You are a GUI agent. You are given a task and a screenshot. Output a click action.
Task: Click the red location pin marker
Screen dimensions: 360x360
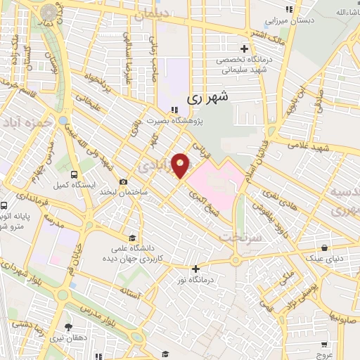coord(181,165)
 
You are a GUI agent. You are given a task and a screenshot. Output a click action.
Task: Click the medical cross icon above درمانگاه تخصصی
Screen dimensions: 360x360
coord(244,49)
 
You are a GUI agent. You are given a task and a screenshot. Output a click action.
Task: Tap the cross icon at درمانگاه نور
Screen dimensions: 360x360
coord(195,268)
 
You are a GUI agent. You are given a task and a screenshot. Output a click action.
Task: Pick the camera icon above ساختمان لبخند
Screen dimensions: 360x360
coord(124,181)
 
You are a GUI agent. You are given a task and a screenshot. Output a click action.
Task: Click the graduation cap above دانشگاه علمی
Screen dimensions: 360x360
coord(131,237)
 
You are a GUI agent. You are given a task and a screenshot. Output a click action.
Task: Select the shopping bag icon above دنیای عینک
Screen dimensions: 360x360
coord(323,248)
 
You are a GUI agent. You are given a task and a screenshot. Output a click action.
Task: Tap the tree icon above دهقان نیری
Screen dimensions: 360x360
coord(68,327)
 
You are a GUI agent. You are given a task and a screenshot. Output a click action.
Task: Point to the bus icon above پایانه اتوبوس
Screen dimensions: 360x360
coord(4,206)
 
